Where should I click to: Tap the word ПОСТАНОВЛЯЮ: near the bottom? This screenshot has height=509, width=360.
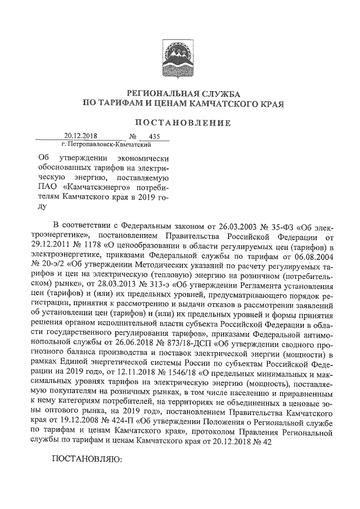pyautogui.click(x=87, y=460)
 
